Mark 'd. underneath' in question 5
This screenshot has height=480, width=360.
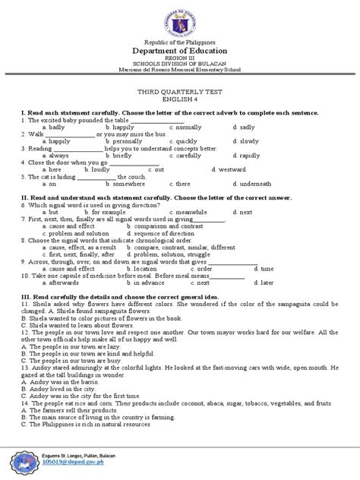point(252,183)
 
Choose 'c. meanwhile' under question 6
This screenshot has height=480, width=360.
point(190,211)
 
